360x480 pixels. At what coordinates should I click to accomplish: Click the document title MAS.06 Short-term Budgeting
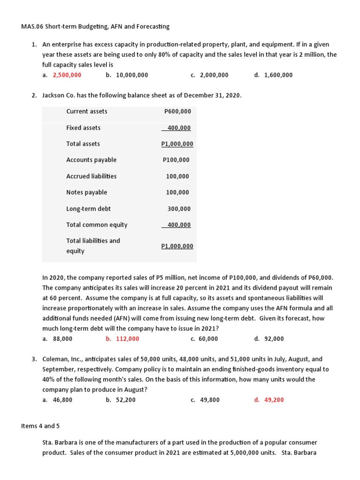(x=95, y=26)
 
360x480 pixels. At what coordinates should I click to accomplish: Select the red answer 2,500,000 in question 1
(x=67, y=75)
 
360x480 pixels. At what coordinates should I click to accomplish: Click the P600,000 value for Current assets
(x=178, y=112)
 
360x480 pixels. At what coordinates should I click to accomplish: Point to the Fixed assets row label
(x=83, y=128)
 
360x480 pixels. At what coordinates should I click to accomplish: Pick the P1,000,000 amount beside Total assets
(x=177, y=144)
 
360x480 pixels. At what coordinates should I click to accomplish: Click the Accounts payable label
(x=91, y=160)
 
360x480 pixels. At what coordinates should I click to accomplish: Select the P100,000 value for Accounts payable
(x=176, y=160)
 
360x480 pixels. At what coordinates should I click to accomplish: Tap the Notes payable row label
(x=87, y=192)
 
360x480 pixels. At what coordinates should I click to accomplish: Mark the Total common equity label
(x=97, y=225)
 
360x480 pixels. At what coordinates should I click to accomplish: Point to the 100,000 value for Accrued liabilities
(x=178, y=176)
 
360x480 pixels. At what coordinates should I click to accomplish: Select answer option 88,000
(x=63, y=339)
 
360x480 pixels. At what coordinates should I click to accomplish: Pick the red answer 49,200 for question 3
(x=274, y=400)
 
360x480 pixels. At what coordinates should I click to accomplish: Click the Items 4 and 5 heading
(x=40, y=426)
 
